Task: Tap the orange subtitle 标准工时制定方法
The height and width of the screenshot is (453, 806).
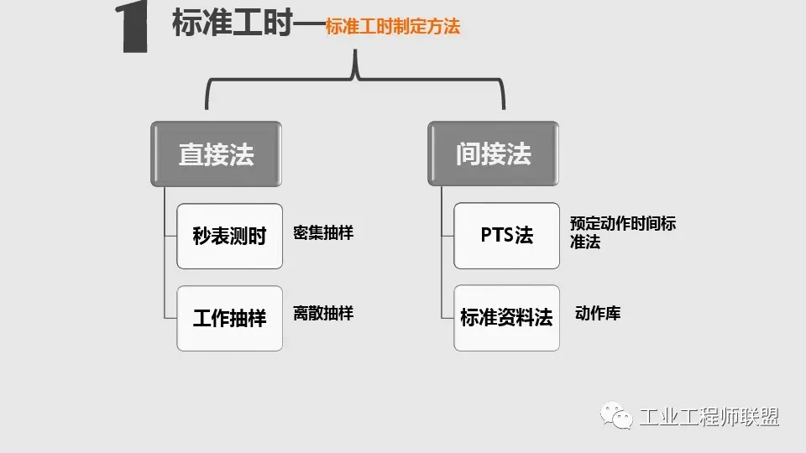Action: point(393,27)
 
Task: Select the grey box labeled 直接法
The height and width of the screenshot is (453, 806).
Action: point(216,154)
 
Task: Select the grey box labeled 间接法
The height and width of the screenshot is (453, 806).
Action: point(493,154)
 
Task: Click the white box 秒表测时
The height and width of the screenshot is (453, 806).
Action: point(229,236)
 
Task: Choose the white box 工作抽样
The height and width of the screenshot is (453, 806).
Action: point(229,318)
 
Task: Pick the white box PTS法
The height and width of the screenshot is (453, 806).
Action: point(506,235)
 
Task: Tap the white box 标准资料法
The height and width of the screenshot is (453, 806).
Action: point(506,318)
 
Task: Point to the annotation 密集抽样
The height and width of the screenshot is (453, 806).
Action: point(323,233)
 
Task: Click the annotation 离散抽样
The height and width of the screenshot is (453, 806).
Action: point(323,314)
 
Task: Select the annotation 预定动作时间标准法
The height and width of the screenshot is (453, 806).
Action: point(622,233)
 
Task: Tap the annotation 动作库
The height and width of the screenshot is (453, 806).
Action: point(598,314)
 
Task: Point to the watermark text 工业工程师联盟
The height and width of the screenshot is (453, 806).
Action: point(709,417)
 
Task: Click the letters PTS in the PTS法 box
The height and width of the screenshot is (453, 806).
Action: point(496,235)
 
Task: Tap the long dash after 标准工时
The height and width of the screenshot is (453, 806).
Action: point(309,25)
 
